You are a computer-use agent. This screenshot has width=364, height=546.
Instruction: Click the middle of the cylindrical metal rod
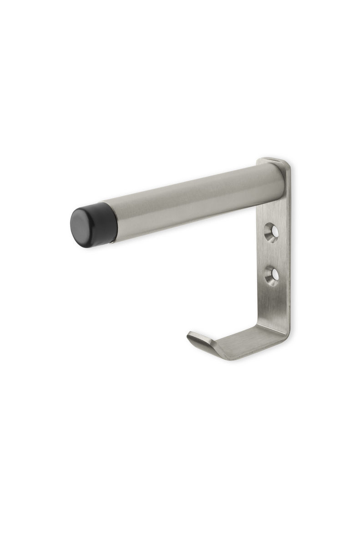191,200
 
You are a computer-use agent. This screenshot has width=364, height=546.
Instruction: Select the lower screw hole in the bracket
272,276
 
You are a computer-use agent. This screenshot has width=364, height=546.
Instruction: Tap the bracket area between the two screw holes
272,254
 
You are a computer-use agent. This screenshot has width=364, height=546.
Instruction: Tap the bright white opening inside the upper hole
274,233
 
